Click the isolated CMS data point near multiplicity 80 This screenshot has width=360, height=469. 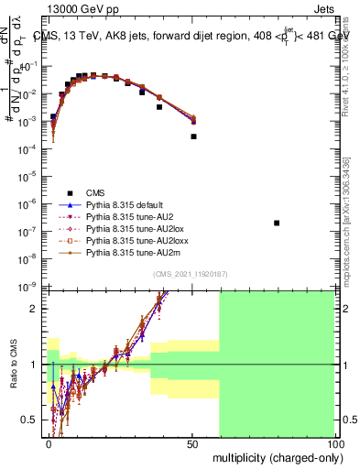pos(277,223)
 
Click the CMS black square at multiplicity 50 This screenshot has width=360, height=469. pos(193,136)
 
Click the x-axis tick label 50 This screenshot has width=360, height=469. pos(192,443)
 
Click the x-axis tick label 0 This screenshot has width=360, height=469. pos(49,443)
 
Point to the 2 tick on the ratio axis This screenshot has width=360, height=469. pos(38,309)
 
